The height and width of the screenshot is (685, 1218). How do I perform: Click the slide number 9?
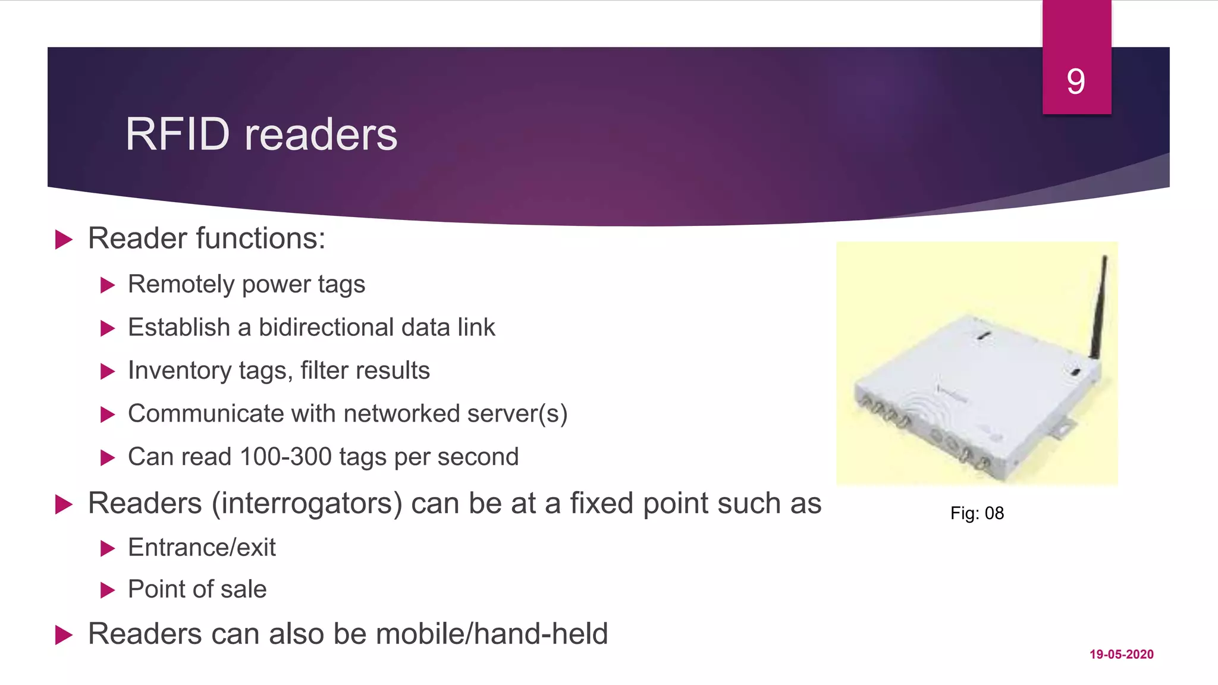point(1076,81)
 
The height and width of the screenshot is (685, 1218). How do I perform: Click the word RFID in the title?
point(177,134)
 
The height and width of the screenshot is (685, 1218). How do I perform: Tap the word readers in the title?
point(321,134)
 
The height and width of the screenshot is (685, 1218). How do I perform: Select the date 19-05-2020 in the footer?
point(1121,654)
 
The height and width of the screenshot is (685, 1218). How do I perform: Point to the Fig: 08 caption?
point(977,513)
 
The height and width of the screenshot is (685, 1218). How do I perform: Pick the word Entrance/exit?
point(202,547)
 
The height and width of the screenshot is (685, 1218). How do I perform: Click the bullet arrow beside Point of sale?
point(107,590)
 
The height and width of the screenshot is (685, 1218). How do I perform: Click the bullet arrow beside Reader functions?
point(64,240)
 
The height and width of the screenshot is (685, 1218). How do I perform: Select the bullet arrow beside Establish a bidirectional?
point(107,328)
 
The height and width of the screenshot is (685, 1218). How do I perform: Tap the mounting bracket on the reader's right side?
point(1062,429)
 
